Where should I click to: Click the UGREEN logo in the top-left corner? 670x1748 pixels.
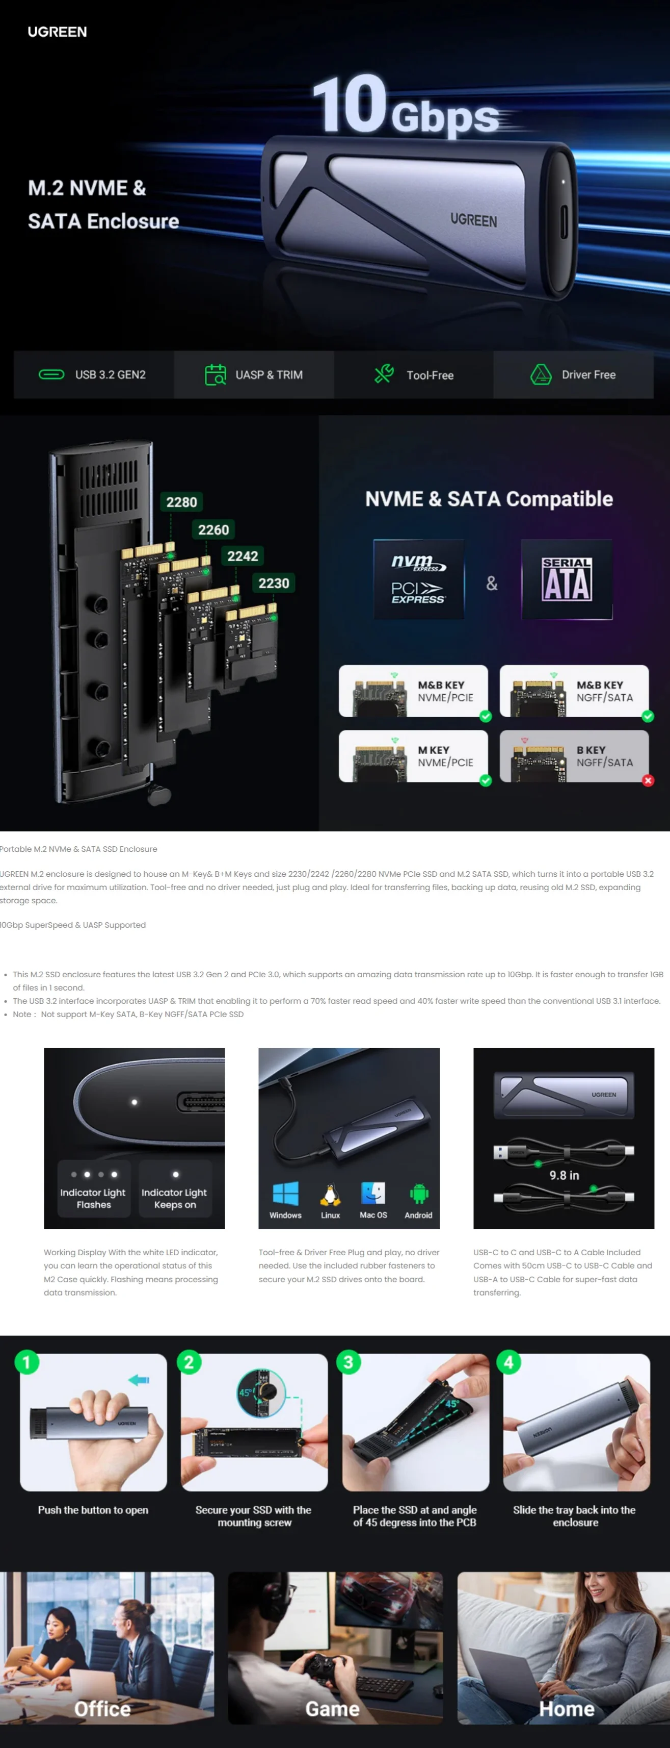point(57,32)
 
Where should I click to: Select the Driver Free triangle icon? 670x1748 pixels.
point(541,374)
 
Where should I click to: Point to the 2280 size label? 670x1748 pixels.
point(182,502)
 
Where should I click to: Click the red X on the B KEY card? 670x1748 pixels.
point(648,780)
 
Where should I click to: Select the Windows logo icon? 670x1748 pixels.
point(285,1194)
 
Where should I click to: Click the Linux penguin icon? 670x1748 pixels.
point(330,1194)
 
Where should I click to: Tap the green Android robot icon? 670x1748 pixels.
point(418,1194)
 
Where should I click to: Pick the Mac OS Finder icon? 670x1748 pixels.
point(373,1194)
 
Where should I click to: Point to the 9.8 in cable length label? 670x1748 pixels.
point(564,1175)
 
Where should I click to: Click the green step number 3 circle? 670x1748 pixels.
point(349,1361)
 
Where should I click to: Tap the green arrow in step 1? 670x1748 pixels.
point(139,1380)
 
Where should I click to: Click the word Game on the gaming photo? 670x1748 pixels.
point(332,1709)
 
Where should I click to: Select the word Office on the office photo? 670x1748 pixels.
point(102,1709)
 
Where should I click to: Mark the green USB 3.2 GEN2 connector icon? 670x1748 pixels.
point(51,374)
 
